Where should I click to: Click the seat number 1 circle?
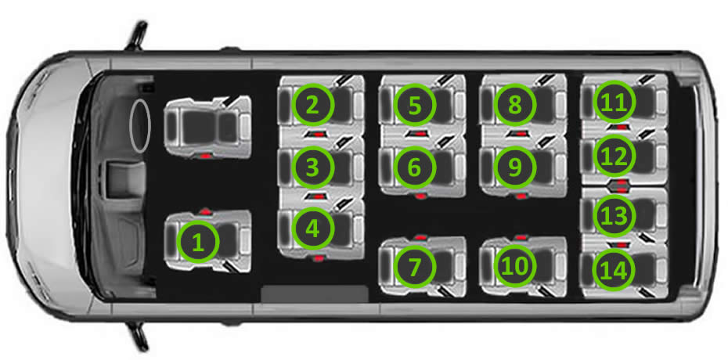[198, 242]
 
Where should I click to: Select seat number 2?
[312, 104]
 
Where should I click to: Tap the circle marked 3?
[312, 167]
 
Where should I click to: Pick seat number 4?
[312, 228]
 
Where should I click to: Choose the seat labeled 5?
[415, 105]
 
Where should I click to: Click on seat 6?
[415, 167]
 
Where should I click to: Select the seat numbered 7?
[415, 266]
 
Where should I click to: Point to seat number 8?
[515, 104]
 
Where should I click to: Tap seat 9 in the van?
[515, 167]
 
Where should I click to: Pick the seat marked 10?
[515, 266]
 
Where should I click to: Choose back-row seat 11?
[614, 103]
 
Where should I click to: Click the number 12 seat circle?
[614, 157]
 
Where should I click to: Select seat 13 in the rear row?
[614, 215]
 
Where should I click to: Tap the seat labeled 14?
[614, 269]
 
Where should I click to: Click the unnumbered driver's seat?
[207, 127]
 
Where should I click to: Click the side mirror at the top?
[136, 35]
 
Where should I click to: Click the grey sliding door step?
[315, 294]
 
